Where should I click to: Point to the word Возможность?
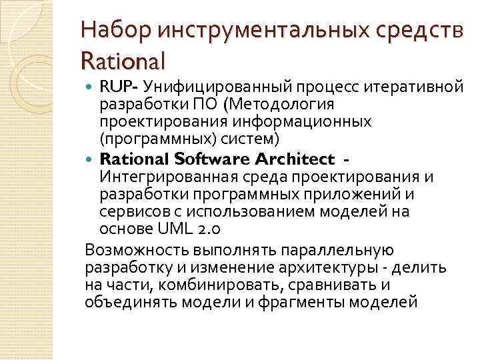[135, 250]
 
